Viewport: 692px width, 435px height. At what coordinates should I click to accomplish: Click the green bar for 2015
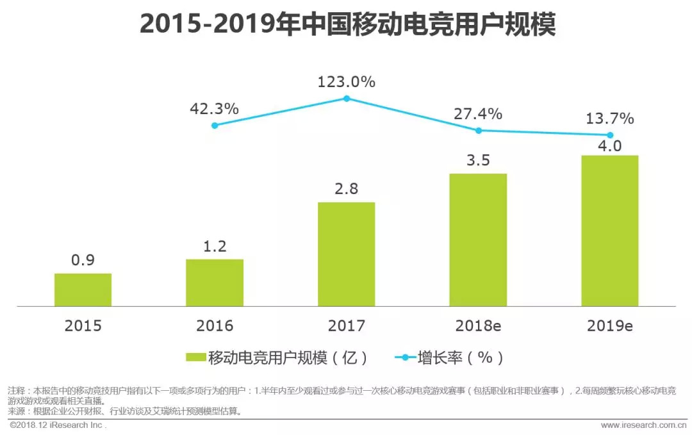[x=83, y=290]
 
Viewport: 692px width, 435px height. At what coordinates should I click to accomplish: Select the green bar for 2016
[x=215, y=283]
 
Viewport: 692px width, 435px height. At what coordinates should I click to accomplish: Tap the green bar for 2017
[x=346, y=254]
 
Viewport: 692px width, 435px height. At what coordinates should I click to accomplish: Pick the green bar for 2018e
[x=478, y=240]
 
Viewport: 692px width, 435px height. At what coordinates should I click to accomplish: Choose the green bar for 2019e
[x=610, y=231]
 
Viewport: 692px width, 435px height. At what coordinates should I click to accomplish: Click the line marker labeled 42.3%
[x=215, y=126]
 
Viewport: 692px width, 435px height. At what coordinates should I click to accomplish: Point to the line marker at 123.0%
[x=347, y=99]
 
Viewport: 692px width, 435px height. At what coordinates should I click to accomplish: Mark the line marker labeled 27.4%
[x=478, y=130]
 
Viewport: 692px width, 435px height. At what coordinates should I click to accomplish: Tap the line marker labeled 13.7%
[x=610, y=135]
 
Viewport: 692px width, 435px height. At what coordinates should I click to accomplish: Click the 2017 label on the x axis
[x=346, y=325]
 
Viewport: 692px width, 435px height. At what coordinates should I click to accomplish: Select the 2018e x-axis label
[x=478, y=325]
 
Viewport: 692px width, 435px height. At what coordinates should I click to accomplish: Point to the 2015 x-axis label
[x=83, y=325]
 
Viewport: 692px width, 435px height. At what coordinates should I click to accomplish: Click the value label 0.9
[x=83, y=261]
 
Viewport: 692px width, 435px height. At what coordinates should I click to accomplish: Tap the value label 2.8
[x=346, y=189]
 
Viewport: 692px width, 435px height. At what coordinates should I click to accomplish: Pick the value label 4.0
[x=610, y=145]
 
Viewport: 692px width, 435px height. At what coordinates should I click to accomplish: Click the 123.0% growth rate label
[x=347, y=82]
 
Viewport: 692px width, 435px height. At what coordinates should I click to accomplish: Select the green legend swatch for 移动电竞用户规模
[x=195, y=357]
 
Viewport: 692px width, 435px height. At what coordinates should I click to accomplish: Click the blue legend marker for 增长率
[x=400, y=357]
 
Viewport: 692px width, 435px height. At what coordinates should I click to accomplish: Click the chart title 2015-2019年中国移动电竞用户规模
[x=347, y=26]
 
